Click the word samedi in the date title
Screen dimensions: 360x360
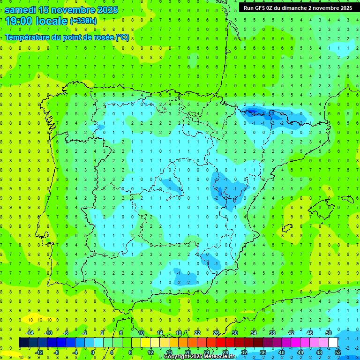click(21, 10)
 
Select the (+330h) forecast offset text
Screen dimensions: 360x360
click(83, 21)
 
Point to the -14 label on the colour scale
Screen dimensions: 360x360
click(29, 333)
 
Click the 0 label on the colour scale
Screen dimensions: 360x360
click(93, 352)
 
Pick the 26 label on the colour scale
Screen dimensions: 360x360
click(216, 333)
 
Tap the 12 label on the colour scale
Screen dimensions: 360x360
click(150, 352)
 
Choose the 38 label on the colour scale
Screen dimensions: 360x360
click(272, 333)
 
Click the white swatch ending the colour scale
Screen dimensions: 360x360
click(333, 343)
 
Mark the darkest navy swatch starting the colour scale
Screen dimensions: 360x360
click(23, 343)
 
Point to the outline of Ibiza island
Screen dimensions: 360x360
click(287, 228)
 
